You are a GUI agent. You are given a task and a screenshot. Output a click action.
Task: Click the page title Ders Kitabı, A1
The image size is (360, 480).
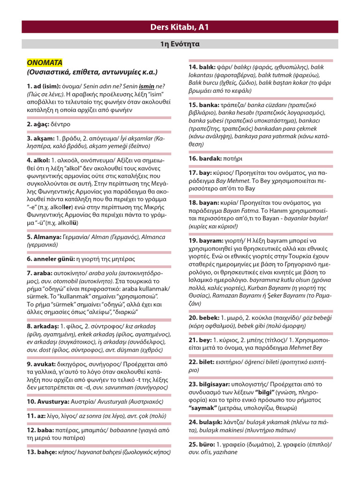click(x=180, y=27)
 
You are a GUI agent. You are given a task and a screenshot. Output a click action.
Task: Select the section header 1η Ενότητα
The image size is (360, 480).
click(x=180, y=45)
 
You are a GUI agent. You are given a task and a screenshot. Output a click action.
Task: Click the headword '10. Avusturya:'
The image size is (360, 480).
click(x=47, y=402)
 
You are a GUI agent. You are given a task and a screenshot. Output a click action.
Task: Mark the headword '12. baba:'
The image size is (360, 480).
click(x=39, y=430)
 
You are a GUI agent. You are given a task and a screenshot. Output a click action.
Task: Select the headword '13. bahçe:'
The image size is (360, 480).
click(x=42, y=452)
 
